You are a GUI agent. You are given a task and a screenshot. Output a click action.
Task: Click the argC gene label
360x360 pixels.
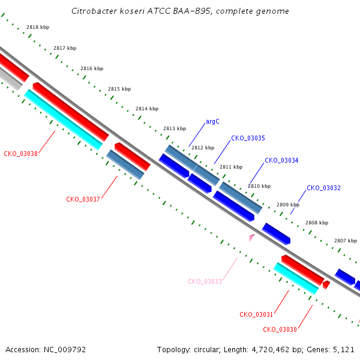click(x=212, y=121)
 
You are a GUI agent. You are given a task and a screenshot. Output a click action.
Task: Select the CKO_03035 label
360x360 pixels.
click(x=248, y=138)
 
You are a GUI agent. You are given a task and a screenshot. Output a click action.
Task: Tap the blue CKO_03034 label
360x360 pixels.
click(x=281, y=160)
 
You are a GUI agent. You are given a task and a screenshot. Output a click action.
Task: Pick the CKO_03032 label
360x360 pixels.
click(x=323, y=188)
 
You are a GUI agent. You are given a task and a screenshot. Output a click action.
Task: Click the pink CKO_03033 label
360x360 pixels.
click(x=205, y=281)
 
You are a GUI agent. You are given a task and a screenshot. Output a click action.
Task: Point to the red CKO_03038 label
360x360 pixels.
click(x=20, y=154)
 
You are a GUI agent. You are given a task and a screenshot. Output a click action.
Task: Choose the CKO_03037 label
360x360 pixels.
click(x=83, y=199)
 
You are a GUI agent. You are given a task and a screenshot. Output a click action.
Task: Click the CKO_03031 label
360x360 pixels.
click(x=256, y=314)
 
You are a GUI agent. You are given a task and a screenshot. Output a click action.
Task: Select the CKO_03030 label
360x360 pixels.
click(x=280, y=329)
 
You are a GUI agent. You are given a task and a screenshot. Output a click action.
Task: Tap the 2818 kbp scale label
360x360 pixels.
click(x=38, y=27)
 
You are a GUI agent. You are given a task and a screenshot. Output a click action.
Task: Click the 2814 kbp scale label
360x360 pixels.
click(x=147, y=109)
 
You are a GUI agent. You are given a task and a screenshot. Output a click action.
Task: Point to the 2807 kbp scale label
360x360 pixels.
click(x=346, y=241)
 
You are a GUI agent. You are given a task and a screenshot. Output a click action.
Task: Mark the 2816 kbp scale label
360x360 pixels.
click(x=92, y=68)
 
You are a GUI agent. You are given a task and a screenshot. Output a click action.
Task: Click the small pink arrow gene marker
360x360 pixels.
click(x=251, y=237)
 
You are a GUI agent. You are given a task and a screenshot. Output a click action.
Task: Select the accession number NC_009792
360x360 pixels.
click(x=65, y=350)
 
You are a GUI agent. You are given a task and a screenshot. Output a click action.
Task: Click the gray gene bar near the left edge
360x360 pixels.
click(x=10, y=78)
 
